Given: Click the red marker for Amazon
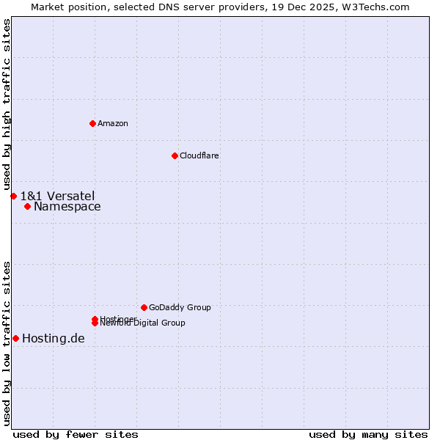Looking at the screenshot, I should pos(92,123).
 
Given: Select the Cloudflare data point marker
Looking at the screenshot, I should pos(175,155).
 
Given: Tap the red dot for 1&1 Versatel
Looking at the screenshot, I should pos(13,196).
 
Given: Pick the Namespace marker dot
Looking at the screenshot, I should pos(27,206).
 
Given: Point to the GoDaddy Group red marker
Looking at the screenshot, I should pos(144,307).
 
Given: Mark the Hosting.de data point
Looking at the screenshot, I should pos(15,338).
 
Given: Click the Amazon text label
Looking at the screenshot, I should pos(113,123).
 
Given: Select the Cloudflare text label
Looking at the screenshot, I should pos(199,155).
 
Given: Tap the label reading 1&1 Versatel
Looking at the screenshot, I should pos(57,196).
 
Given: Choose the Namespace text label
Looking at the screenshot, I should pos(67,206).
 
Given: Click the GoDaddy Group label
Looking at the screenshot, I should pos(180,307).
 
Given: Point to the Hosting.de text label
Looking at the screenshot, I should pos(54,338).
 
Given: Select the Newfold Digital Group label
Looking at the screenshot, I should pos(144,323).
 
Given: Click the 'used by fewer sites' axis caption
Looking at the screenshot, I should pos(76,434).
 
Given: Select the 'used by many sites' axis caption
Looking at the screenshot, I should pos(368,434).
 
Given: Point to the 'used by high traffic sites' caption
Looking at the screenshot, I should pos(7,105).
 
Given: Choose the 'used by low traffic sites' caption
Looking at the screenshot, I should pos(7,342).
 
